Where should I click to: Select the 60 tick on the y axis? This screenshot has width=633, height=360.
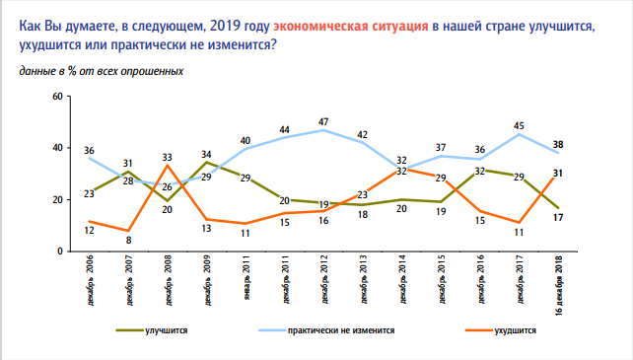[56, 96]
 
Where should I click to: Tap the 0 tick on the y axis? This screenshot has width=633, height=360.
[59, 252]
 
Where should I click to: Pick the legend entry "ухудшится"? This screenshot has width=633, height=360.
[514, 332]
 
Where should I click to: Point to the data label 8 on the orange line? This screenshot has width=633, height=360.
[127, 240]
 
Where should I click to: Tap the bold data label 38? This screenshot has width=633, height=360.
[557, 142]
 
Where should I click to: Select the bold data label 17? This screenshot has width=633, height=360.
[557, 217]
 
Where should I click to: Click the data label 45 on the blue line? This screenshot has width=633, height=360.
[520, 124]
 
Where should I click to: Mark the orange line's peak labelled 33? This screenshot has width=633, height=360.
[167, 156]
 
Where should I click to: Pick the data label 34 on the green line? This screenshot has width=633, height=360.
[206, 154]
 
